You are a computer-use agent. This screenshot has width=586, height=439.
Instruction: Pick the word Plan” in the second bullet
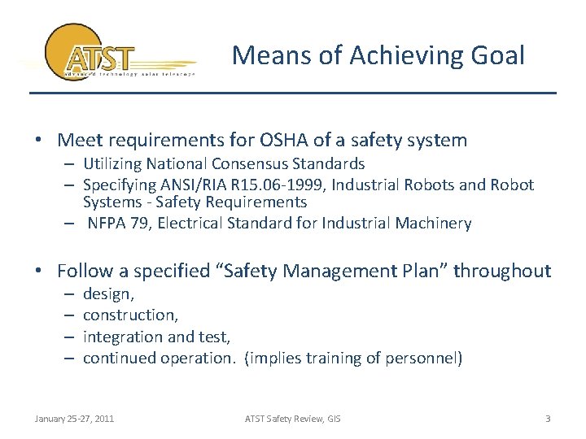pos(417,271)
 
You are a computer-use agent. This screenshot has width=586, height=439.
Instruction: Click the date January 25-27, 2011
pos(74,419)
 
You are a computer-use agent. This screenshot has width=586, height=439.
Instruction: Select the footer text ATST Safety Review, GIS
pos(293,419)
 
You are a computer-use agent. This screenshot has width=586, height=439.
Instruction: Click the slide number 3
pos(548,419)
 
